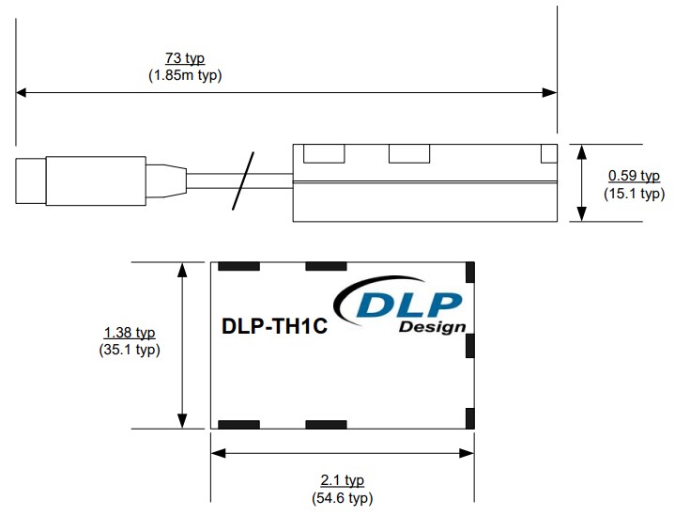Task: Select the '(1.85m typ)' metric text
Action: pyautogui.click(x=185, y=76)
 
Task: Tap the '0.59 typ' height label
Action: pyautogui.click(x=634, y=176)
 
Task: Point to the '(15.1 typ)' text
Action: pyautogui.click(x=634, y=194)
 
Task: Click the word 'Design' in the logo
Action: pyautogui.click(x=431, y=327)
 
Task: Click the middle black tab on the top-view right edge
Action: pyautogui.click(x=471, y=345)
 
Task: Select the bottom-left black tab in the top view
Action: pyautogui.click(x=238, y=425)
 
